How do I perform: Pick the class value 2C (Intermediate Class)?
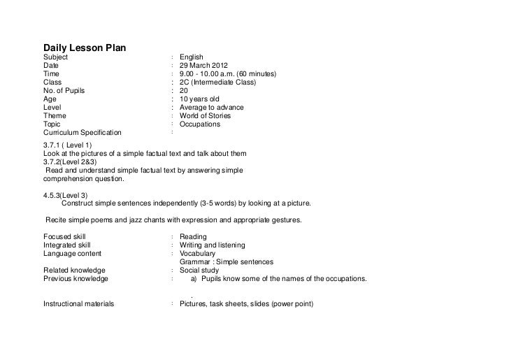[217, 82]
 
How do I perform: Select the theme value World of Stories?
[206, 115]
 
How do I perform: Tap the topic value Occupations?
[199, 124]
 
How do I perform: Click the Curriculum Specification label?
[82, 132]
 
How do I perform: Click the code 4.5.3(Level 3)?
[66, 195]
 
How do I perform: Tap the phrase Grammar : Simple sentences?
[226, 262]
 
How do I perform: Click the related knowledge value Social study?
[199, 271]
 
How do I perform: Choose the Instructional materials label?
[79, 304]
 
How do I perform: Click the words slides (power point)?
[278, 304]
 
